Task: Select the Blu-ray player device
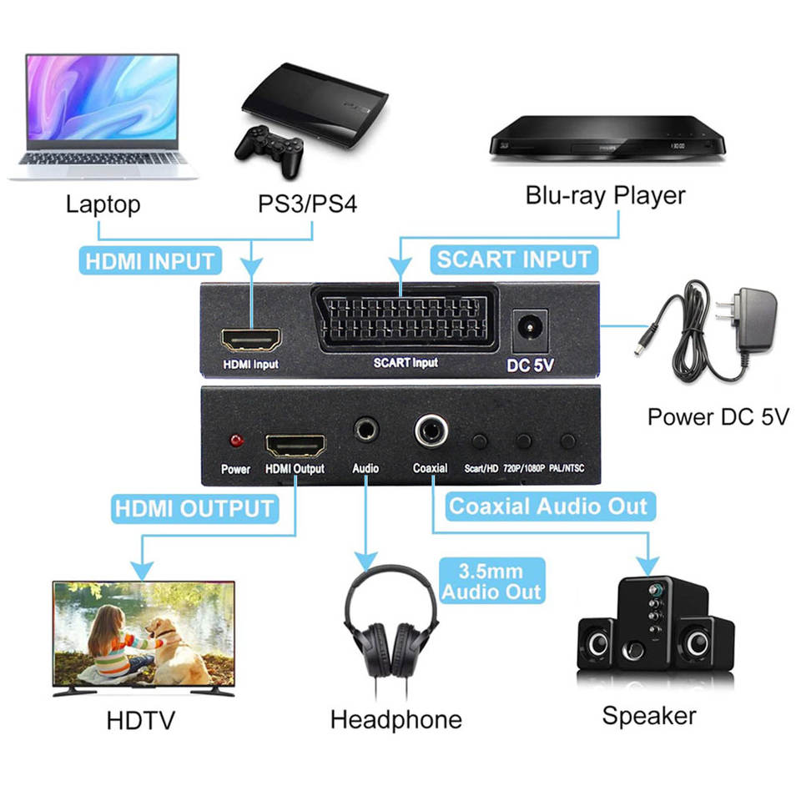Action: pyautogui.click(x=606, y=138)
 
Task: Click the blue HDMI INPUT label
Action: pyautogui.click(x=150, y=261)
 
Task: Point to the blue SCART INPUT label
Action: pyautogui.click(x=514, y=259)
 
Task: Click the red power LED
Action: pyautogui.click(x=235, y=440)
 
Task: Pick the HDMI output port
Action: pyautogui.click(x=295, y=442)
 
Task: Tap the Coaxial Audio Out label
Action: pyautogui.click(x=548, y=506)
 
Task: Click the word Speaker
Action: pyautogui.click(x=648, y=715)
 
